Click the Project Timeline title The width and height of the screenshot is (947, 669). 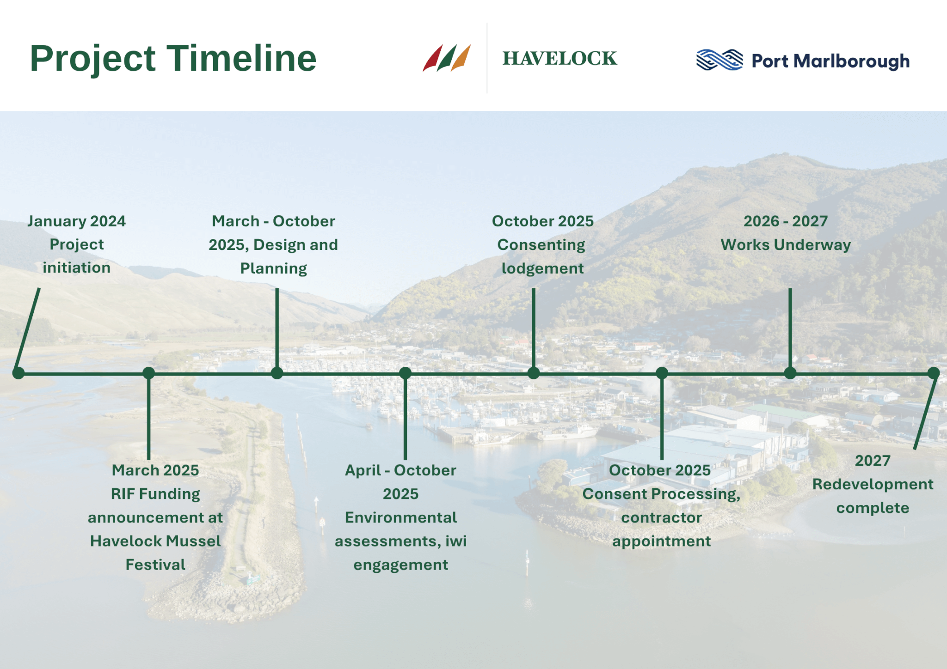coord(173,59)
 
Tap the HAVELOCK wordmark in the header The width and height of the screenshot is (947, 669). coord(560,59)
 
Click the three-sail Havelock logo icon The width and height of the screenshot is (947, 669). coord(447,58)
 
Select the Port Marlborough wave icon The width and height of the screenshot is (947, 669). coord(719,60)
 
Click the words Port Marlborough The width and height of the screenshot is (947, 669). coord(830,61)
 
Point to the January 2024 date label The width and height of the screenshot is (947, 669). coord(77,221)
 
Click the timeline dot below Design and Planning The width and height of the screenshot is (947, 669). coord(277,373)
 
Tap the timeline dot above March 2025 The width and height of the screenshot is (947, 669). coord(148,373)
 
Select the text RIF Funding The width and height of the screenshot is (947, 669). coord(155,494)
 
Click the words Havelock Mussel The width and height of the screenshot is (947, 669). coord(155,541)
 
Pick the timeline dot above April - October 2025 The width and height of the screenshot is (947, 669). coord(405,373)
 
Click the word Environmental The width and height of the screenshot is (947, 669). coord(401,517)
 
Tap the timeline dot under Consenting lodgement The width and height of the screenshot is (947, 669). coord(534,373)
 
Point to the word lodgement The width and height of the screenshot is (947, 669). coord(543,268)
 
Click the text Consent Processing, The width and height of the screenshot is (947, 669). coord(662,494)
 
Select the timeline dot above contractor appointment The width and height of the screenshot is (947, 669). coord(662,373)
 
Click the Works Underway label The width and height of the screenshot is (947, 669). coord(786,245)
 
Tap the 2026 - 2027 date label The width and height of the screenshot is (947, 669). coord(786,221)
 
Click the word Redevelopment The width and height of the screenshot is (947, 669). coord(873,484)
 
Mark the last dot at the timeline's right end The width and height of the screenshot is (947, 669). coord(934,373)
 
